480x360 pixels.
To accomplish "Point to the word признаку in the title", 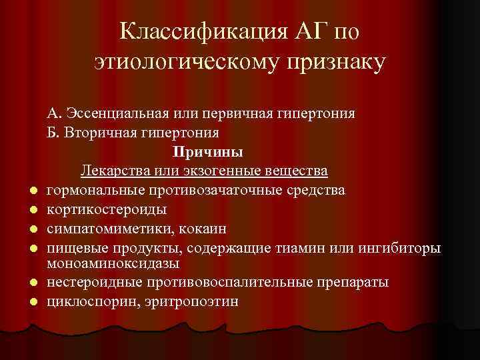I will point(337,65).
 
